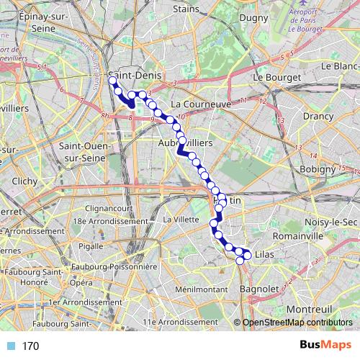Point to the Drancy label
point(318,115)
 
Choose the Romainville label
point(300,235)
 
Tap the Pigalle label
point(91,246)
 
